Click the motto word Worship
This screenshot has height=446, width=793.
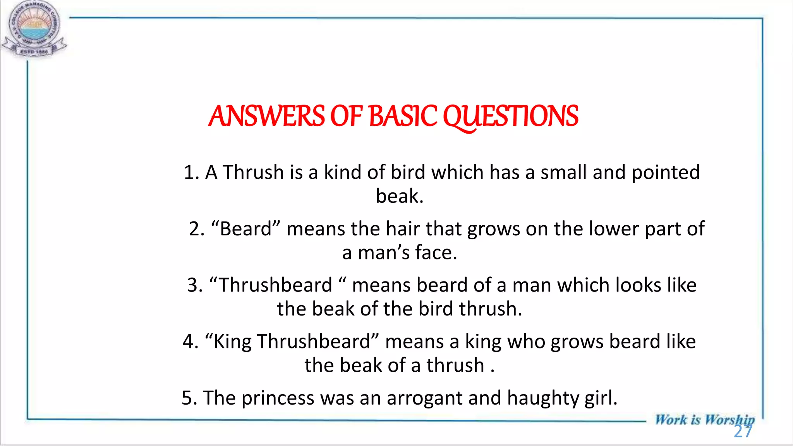(729, 420)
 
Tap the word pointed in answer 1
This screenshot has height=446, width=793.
(666, 173)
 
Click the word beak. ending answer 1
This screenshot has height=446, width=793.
(400, 196)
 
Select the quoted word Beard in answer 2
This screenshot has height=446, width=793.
(245, 229)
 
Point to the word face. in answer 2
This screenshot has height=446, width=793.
(436, 253)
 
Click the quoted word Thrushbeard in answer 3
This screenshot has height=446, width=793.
(276, 285)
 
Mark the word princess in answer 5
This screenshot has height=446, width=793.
(278, 398)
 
